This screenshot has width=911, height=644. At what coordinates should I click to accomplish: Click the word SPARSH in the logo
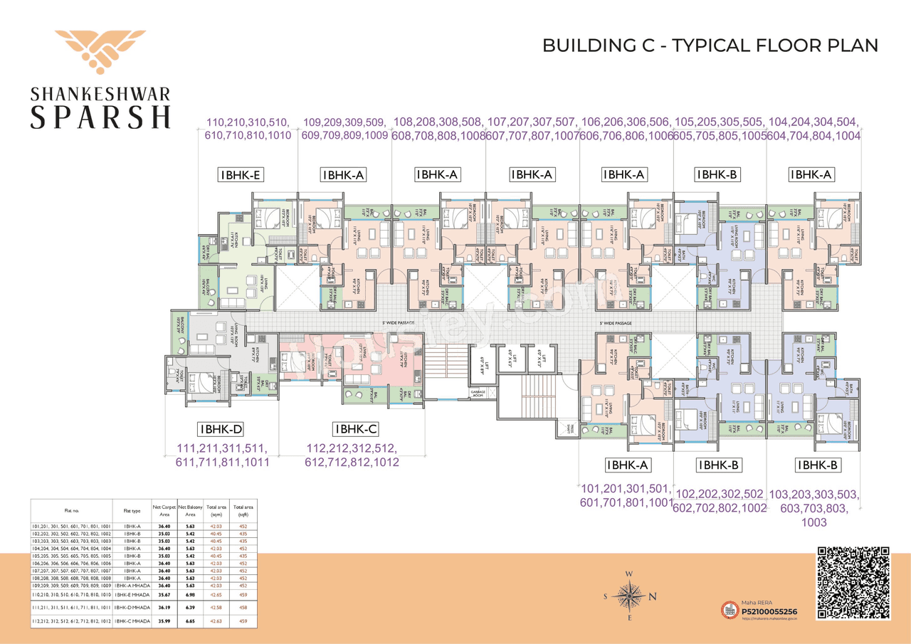tap(100, 115)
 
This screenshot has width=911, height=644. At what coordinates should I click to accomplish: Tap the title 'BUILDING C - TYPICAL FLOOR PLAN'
tap(710, 46)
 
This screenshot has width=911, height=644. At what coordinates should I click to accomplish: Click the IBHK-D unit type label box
tap(221, 429)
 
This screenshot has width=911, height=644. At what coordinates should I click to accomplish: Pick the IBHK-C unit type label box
tap(355, 429)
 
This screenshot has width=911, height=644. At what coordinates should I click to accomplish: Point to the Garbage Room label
tap(478, 394)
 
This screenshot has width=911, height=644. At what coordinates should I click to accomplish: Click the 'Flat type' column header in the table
tap(132, 510)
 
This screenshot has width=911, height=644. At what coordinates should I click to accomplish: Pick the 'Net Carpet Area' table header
tap(162, 510)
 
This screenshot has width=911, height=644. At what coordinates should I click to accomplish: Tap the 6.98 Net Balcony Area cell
tap(190, 593)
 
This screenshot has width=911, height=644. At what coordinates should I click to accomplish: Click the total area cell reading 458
tap(243, 607)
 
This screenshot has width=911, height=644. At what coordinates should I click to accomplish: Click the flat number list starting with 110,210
tap(248, 128)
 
